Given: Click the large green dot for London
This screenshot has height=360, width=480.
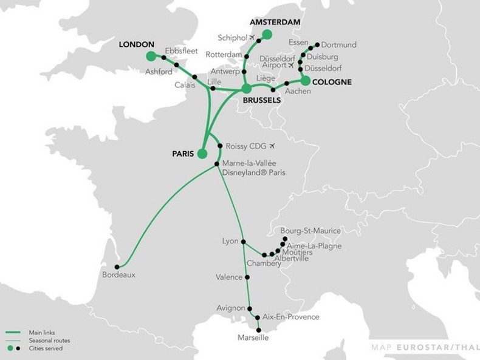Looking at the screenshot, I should (151, 56).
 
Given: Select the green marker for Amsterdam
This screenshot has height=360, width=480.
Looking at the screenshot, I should (267, 34).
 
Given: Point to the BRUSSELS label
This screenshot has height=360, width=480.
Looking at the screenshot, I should (261, 100).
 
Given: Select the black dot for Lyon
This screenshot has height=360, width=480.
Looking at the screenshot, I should (243, 242).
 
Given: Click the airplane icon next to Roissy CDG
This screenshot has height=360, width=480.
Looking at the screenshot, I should (272, 146).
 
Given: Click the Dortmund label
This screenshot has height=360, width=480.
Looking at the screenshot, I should (338, 45).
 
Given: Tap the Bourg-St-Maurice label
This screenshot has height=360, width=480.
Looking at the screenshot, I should (310, 231).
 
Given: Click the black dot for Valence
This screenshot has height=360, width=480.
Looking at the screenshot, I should (247, 277).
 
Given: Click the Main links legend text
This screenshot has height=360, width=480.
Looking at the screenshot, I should (42, 333).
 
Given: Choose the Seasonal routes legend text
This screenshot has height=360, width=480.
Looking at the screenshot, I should (47, 341).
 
